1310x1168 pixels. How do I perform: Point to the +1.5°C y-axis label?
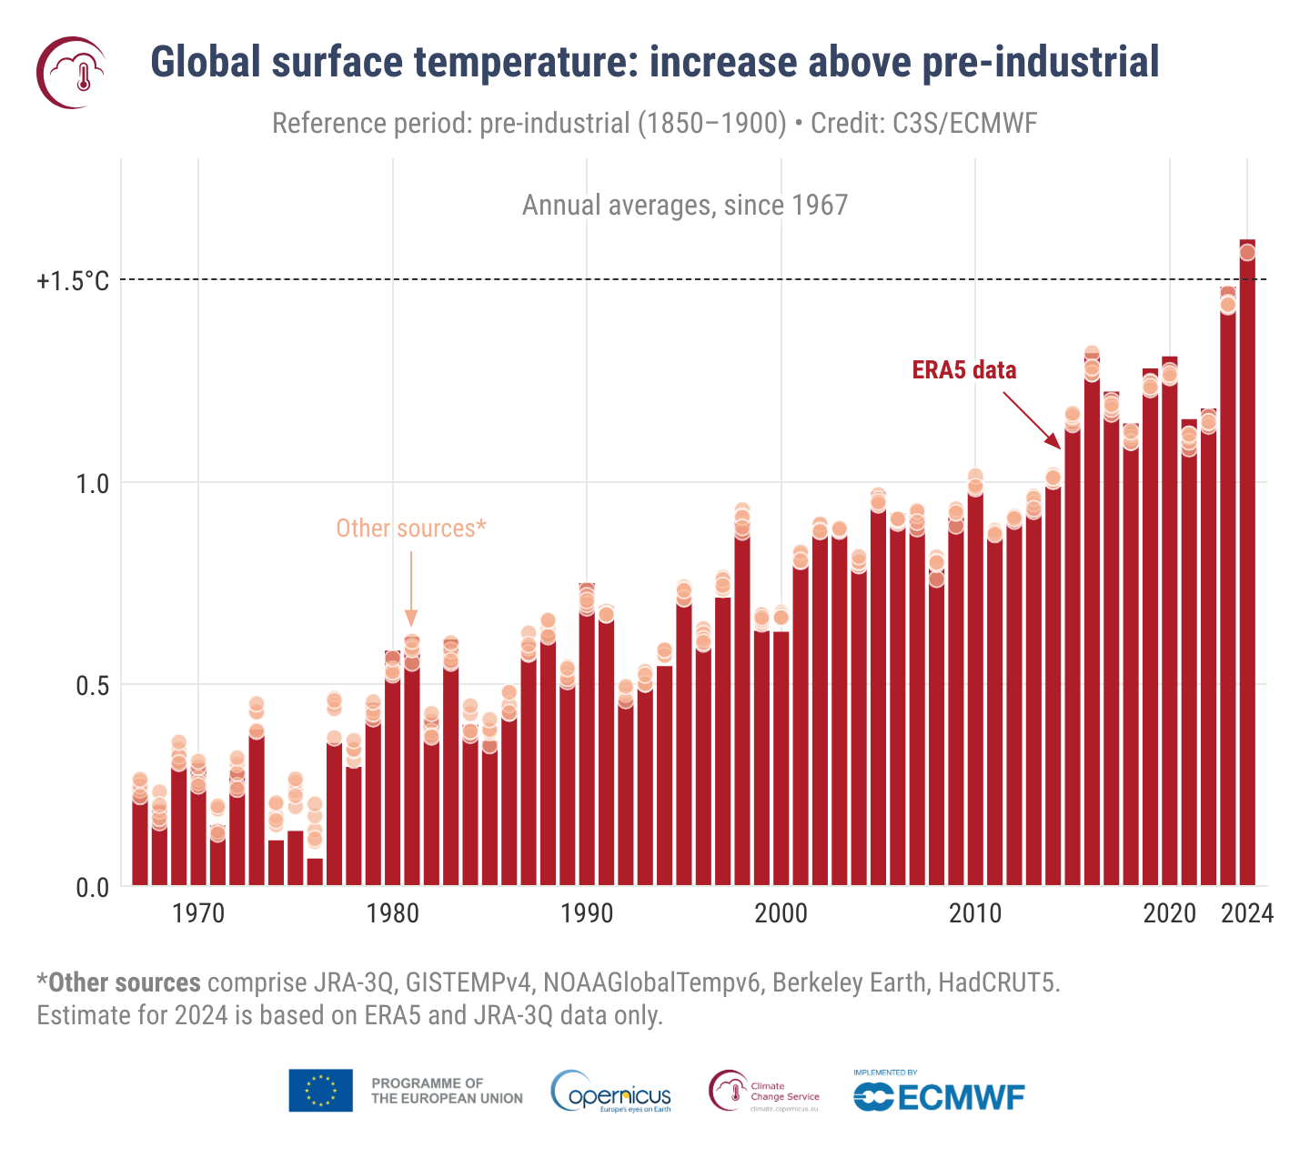[x=73, y=281]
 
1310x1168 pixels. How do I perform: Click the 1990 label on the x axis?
[x=587, y=913]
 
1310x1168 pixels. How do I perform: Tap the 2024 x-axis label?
[x=1247, y=913]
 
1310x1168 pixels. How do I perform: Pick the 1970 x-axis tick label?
[x=198, y=913]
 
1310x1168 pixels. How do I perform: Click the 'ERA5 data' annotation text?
[x=964, y=370]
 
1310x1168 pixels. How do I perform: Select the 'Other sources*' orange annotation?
[x=411, y=529]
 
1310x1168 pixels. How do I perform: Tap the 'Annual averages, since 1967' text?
[x=685, y=206]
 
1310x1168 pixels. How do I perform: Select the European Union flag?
[x=321, y=1091]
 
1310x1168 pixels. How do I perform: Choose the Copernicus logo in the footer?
[x=611, y=1092]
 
